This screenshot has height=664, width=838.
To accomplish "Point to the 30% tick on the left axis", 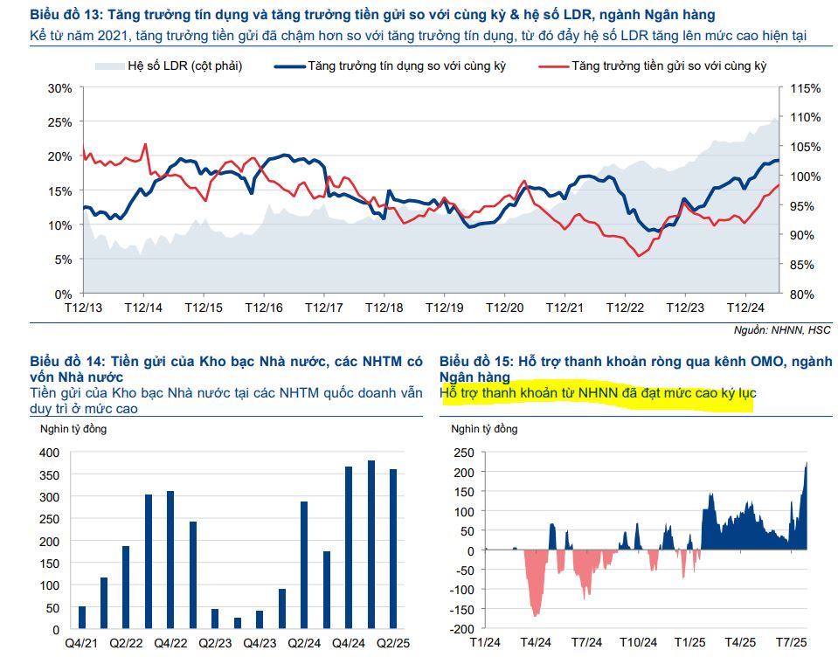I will pyautogui.click(x=59, y=88).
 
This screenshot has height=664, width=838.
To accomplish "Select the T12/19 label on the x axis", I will pyautogui.click(x=444, y=308).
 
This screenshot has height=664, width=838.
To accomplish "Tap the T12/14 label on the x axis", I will pyautogui.click(x=143, y=308).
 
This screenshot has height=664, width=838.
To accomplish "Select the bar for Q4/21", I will pyautogui.click(x=82, y=617).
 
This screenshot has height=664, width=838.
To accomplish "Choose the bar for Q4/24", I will pyautogui.click(x=349, y=548).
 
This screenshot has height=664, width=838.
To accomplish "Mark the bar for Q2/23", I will pyautogui.click(x=215, y=619).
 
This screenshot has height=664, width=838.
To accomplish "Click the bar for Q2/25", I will pyautogui.click(x=393, y=549).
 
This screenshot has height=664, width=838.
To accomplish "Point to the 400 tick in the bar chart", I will pyautogui.click(x=49, y=453).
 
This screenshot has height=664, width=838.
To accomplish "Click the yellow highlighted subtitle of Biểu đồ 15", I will pyautogui.click(x=598, y=394).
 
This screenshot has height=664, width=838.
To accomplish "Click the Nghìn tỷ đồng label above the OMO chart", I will pyautogui.click(x=483, y=429).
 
